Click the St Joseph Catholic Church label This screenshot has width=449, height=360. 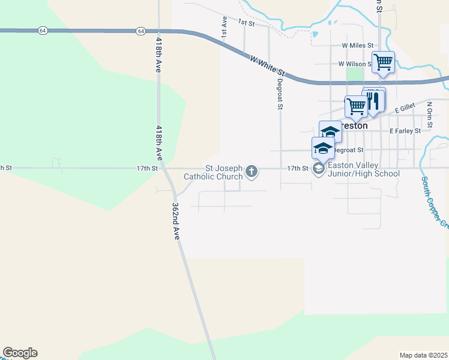[223, 172]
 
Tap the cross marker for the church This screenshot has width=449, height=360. [252, 172]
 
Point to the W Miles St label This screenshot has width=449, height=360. [357, 45]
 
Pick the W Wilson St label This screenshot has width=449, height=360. [354, 64]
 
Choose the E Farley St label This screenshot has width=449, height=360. [405, 130]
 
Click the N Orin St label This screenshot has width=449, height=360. [430, 114]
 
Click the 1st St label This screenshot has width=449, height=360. [246, 22]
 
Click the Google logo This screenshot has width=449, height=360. [20, 353]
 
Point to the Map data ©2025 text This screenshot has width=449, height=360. [423, 355]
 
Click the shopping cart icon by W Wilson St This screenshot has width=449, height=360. [383, 62]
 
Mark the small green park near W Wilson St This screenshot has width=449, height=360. [355, 74]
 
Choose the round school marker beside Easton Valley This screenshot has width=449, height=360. [318, 169]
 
